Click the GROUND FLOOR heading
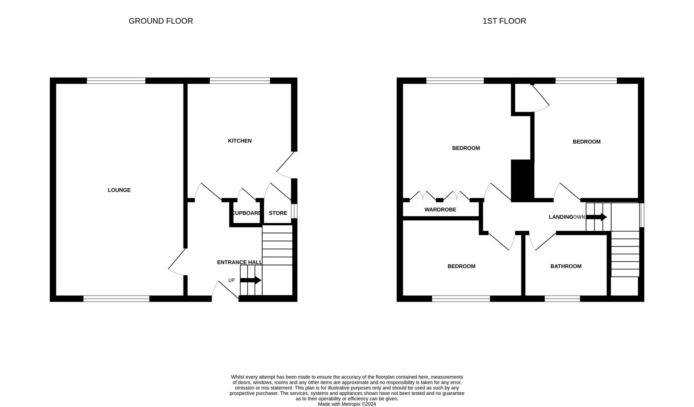pyautogui.click(x=161, y=21)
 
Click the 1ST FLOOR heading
pyautogui.click(x=504, y=21)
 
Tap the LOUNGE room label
pyautogui.click(x=119, y=190)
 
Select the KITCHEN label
pyautogui.click(x=240, y=141)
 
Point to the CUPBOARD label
pyautogui.click(x=246, y=213)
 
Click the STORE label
pyautogui.click(x=278, y=213)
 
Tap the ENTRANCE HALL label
pyautogui.click(x=240, y=262)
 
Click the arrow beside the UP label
pyautogui.click(x=251, y=280)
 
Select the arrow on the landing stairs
pyautogui.click(x=596, y=217)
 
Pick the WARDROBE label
pyautogui.click(x=440, y=210)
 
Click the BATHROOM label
pyautogui.click(x=566, y=266)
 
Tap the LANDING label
pyautogui.click(x=561, y=217)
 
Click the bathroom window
pyautogui.click(x=563, y=299)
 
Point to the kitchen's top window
pyautogui.click(x=240, y=81)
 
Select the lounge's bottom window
pyautogui.click(x=116, y=299)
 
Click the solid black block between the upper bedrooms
pyautogui.click(x=523, y=179)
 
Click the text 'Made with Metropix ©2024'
pyautogui.click(x=347, y=404)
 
